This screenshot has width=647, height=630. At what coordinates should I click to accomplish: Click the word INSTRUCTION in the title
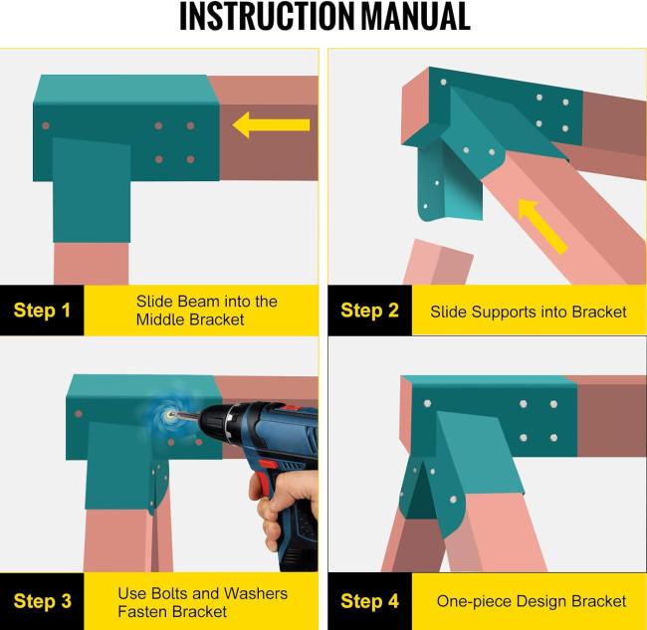tap(267, 16)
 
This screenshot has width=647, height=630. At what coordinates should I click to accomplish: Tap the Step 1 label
tap(42, 311)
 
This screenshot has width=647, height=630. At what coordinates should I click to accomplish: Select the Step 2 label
tap(369, 311)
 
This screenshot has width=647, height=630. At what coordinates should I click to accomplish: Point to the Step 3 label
tap(42, 601)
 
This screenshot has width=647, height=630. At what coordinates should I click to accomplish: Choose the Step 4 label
tap(369, 601)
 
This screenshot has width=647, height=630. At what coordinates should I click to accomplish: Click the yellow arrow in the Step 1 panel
tap(271, 124)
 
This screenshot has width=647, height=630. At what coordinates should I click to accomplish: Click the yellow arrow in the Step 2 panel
tap(541, 225)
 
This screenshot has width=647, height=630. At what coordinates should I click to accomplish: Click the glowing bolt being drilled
tap(168, 416)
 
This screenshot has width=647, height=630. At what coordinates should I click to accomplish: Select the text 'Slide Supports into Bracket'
tap(529, 312)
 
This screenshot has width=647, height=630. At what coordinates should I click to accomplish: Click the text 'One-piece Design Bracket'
tap(532, 601)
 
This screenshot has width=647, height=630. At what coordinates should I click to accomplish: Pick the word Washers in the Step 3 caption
tap(256, 593)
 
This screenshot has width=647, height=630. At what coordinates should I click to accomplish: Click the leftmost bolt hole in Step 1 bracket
tap(46, 125)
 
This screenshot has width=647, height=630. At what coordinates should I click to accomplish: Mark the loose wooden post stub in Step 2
tap(438, 262)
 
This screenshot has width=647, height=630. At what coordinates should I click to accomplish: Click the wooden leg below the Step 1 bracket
tap(92, 264)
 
